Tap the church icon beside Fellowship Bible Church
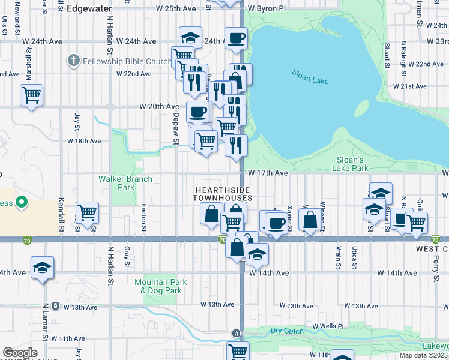[x=73, y=61]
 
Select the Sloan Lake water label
[x=310, y=77]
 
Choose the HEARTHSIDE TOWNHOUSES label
[x=223, y=193]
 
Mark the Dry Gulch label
[x=284, y=330]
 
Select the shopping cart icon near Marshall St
[x=31, y=95]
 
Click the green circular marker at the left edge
[x=22, y=203]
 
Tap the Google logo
[x=19, y=353]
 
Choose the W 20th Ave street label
[x=159, y=106]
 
